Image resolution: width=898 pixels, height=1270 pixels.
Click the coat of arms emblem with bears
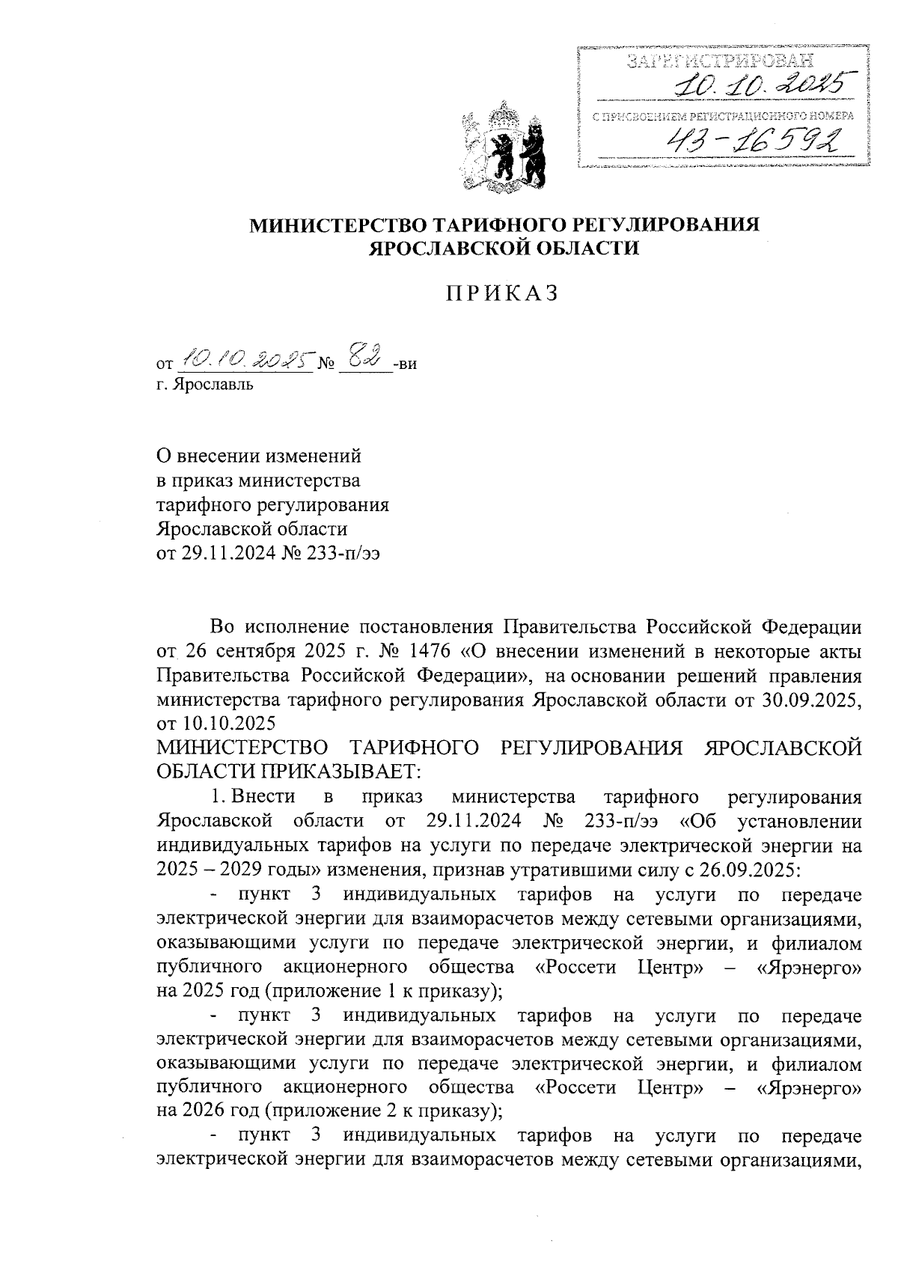(x=504, y=148)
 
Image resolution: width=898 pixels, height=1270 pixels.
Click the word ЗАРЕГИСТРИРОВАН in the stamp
(x=718, y=60)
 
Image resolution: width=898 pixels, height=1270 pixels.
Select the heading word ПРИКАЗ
(x=503, y=294)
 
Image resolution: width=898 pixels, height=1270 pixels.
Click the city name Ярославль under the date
(x=213, y=385)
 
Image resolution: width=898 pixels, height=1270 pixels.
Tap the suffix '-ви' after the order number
(x=405, y=364)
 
